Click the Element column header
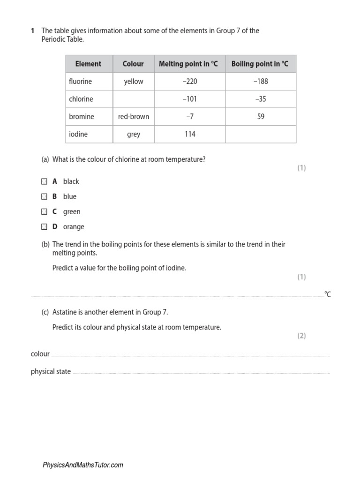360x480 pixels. point(88,64)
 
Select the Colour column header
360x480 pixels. point(133,64)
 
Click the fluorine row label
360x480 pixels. point(80,82)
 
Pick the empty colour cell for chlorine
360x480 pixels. point(134,99)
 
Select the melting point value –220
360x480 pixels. point(190,82)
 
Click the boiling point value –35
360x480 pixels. point(261,99)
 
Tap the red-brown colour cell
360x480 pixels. point(134,117)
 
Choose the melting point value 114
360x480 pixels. point(190,134)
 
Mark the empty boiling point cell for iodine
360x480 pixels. point(261,134)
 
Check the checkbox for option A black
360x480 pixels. point(44,181)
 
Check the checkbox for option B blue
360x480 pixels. point(44,196)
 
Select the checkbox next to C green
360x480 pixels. point(44,211)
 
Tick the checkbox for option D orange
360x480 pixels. point(44,226)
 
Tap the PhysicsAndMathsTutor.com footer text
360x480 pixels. point(83,465)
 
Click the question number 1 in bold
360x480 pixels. point(33,31)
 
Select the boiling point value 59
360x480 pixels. point(261,117)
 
